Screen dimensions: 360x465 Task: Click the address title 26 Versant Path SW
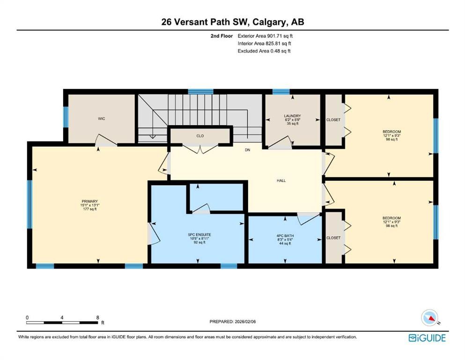[232, 22]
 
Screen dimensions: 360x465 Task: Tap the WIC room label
[101, 119]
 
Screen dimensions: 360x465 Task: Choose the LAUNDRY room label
[292, 116]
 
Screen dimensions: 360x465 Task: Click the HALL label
[281, 180]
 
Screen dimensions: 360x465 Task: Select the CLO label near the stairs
[200, 136]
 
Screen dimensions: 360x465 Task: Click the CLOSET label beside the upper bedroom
[333, 120]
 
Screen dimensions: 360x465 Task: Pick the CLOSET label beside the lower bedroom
[333, 238]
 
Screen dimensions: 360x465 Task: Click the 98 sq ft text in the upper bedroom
[391, 140]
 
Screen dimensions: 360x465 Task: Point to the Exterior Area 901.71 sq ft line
[266, 36]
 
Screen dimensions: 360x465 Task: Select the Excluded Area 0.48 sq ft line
[264, 51]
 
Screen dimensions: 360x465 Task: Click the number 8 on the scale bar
[97, 317]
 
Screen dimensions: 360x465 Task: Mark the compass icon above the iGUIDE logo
[430, 318]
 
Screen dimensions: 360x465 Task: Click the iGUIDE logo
[427, 337]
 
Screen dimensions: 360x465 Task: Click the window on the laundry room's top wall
[280, 91]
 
